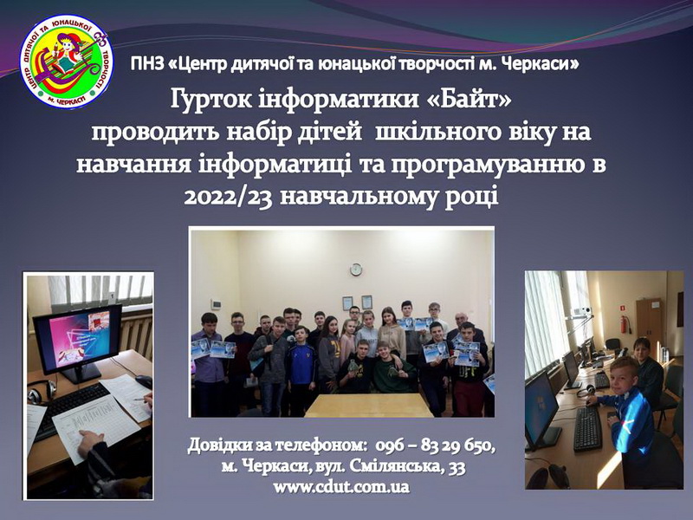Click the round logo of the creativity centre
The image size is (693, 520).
67,62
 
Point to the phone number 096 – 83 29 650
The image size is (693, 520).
435,445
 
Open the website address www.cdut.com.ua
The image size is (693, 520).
340,487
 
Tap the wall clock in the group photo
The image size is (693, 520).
356,269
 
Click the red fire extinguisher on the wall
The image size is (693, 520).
624,325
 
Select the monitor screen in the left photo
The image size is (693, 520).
77,338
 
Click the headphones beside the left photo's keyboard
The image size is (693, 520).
42,392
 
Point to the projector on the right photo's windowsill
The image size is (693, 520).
583,311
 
